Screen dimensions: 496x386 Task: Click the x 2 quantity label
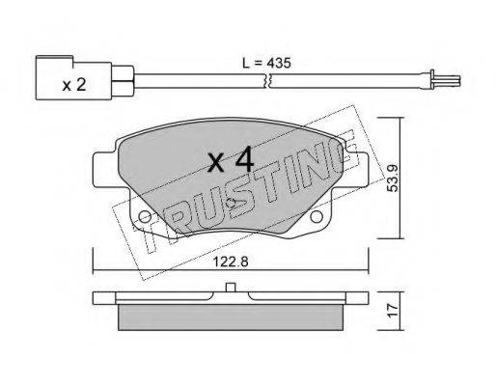[74, 85]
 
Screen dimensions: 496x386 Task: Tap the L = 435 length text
[266, 63]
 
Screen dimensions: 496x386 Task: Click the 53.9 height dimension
[393, 179]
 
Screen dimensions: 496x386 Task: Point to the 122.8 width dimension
[231, 262]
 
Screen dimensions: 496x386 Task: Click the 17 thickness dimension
[393, 311]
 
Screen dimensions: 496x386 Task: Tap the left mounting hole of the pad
[145, 217]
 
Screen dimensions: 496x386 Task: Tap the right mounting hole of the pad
[317, 217]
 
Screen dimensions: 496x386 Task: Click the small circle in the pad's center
[231, 203]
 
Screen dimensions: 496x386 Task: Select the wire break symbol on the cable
[268, 80]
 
